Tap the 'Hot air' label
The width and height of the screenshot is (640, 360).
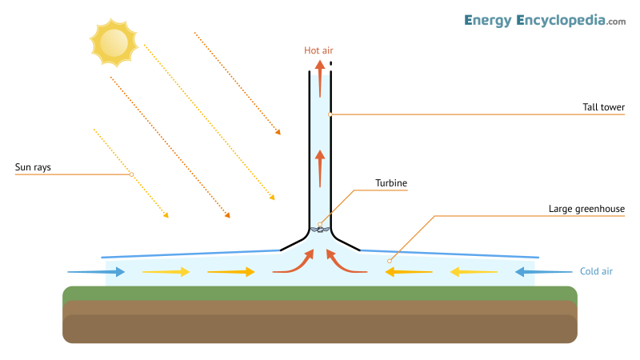318,50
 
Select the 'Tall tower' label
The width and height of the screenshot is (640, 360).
604,107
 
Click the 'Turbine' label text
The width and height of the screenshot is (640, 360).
391,183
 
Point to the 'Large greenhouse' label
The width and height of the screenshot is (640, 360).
586,209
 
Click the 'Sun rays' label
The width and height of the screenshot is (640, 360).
34,168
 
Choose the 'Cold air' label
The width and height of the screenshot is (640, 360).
596,272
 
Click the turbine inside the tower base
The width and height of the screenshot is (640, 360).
320,230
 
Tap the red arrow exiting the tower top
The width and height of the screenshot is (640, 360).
319,78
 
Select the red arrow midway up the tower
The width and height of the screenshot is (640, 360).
319,167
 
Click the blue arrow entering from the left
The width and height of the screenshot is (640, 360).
96,272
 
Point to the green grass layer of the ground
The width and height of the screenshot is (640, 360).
320,293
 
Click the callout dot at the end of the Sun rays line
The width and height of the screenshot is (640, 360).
131,174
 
